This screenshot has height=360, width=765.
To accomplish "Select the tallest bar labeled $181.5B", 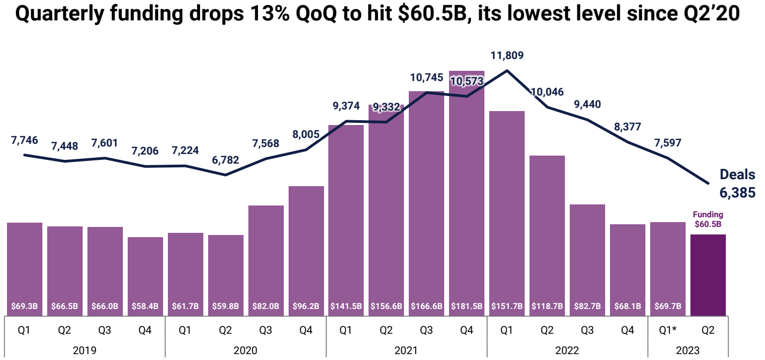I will [x=467, y=193].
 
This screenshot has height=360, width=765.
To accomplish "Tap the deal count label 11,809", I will [x=507, y=55].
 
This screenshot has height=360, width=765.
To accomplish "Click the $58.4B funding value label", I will [x=145, y=306].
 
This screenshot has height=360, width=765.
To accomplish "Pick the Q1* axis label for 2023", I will [x=668, y=330].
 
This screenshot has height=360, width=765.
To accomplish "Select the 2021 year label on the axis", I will [x=406, y=350].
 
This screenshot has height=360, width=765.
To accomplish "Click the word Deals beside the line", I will [x=737, y=174].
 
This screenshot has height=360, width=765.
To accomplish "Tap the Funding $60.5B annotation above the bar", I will [x=708, y=219].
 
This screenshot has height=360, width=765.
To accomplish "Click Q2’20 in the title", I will [x=715, y=14].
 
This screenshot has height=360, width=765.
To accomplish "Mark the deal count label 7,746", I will [x=25, y=141].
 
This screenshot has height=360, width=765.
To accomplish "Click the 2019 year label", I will [x=85, y=350].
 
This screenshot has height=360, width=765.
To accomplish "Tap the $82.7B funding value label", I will [x=587, y=306].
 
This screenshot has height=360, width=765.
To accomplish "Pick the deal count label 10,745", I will [x=426, y=77].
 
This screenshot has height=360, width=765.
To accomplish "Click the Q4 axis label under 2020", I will [x=306, y=330].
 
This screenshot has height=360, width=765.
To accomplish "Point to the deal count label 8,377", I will [x=627, y=127].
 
